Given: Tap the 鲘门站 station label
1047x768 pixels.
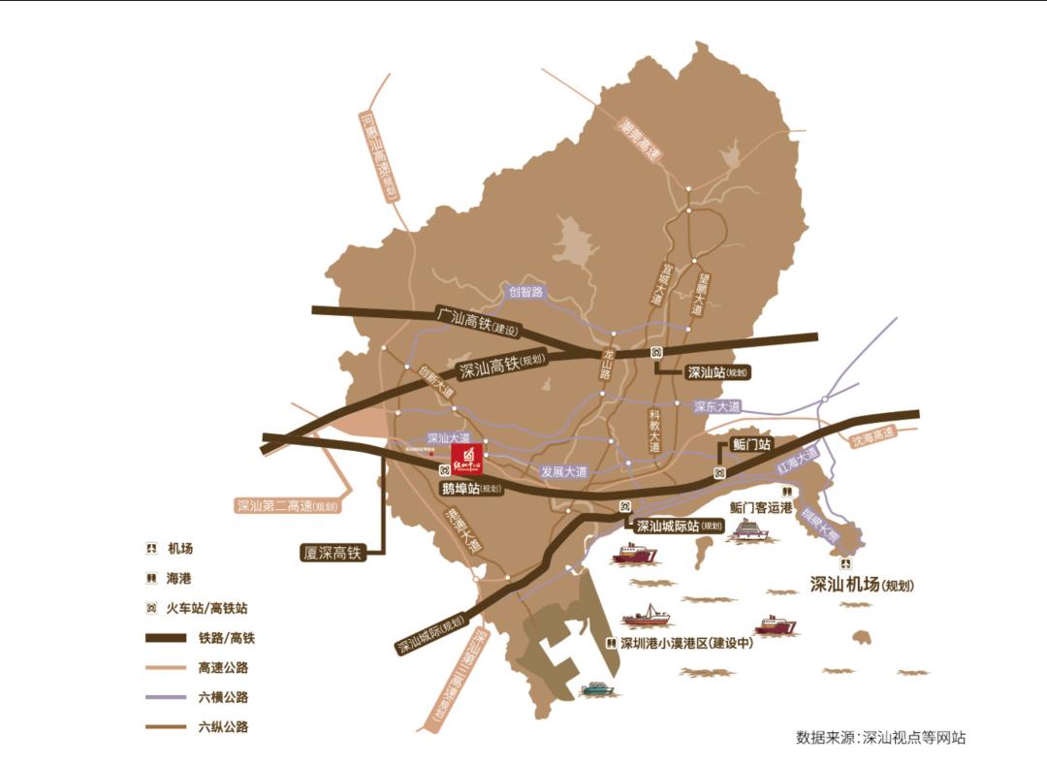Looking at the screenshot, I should [x=750, y=444].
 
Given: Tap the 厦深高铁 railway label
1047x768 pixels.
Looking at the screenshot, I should [x=332, y=553].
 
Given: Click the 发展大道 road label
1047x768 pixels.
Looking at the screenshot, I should [x=564, y=472].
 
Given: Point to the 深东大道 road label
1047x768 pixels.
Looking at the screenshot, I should [x=717, y=406].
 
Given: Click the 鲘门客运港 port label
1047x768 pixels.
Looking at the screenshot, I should [x=761, y=507].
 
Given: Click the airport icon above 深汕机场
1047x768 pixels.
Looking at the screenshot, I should [x=848, y=564].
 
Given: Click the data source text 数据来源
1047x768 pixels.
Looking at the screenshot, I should [x=880, y=737].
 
